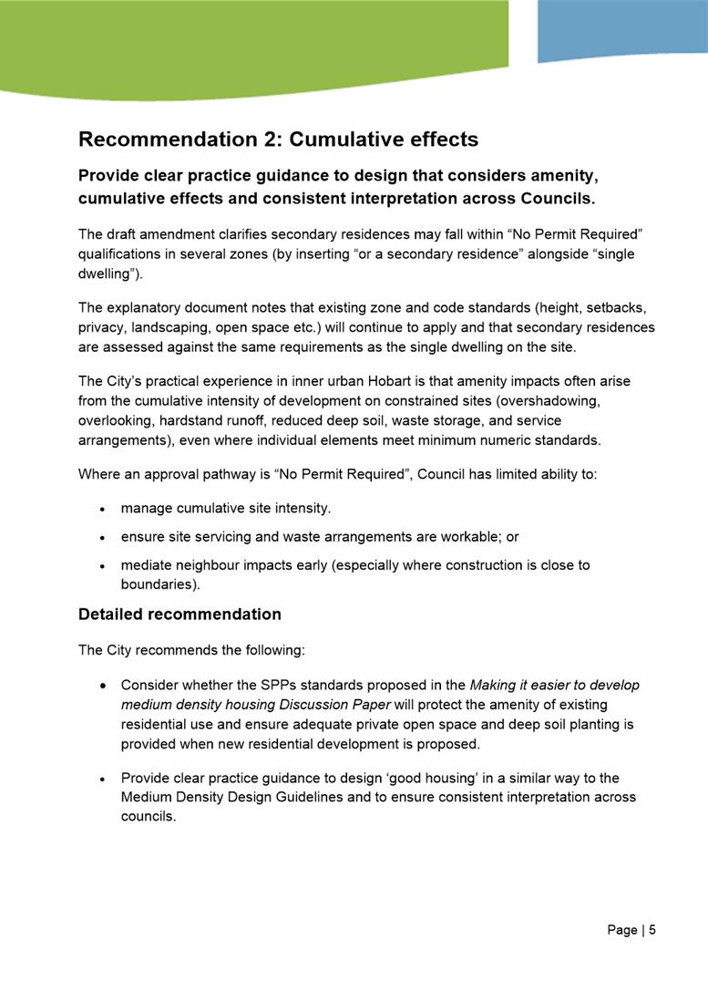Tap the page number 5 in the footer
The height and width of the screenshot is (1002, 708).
pos(652,930)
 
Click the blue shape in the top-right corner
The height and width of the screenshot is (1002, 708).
pos(621,29)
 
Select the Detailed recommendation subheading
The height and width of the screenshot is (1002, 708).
pos(180,614)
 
